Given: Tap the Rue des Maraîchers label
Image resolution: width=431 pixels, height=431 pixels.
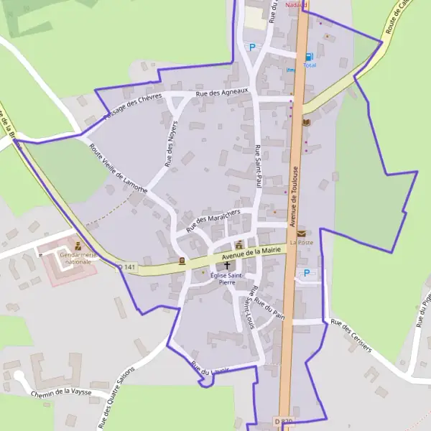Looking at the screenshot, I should (212, 218).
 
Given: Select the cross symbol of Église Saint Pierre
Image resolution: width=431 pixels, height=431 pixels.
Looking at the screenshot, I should (228, 265).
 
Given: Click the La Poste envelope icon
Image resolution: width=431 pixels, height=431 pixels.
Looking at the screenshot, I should (301, 233).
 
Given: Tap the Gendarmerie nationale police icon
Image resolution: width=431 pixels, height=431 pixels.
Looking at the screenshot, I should (78, 246).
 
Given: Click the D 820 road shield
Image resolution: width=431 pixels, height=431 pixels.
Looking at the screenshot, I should (284, 422).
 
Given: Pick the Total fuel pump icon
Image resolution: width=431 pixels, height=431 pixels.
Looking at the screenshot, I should (309, 56).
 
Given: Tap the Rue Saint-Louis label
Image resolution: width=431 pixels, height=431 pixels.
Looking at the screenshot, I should (249, 305).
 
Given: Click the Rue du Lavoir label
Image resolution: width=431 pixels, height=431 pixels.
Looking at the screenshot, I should (210, 369).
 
